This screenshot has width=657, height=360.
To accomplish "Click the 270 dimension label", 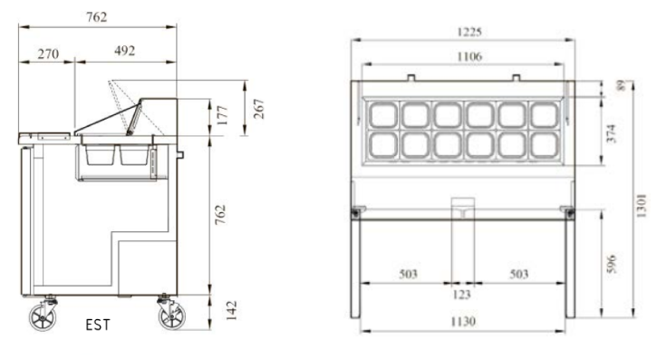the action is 48,54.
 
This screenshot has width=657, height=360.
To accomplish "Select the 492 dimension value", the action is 124,51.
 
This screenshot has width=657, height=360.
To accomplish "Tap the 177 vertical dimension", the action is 223,115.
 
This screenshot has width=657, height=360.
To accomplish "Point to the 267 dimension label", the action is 259,109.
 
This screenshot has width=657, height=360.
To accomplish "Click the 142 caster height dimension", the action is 231,310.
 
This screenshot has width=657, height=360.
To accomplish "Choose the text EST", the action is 98,325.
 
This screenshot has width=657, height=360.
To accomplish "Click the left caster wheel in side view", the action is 43,316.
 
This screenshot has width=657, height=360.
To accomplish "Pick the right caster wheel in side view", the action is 172,316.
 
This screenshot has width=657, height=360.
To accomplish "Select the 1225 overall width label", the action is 469,32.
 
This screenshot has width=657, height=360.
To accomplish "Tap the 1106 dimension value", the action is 469,56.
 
